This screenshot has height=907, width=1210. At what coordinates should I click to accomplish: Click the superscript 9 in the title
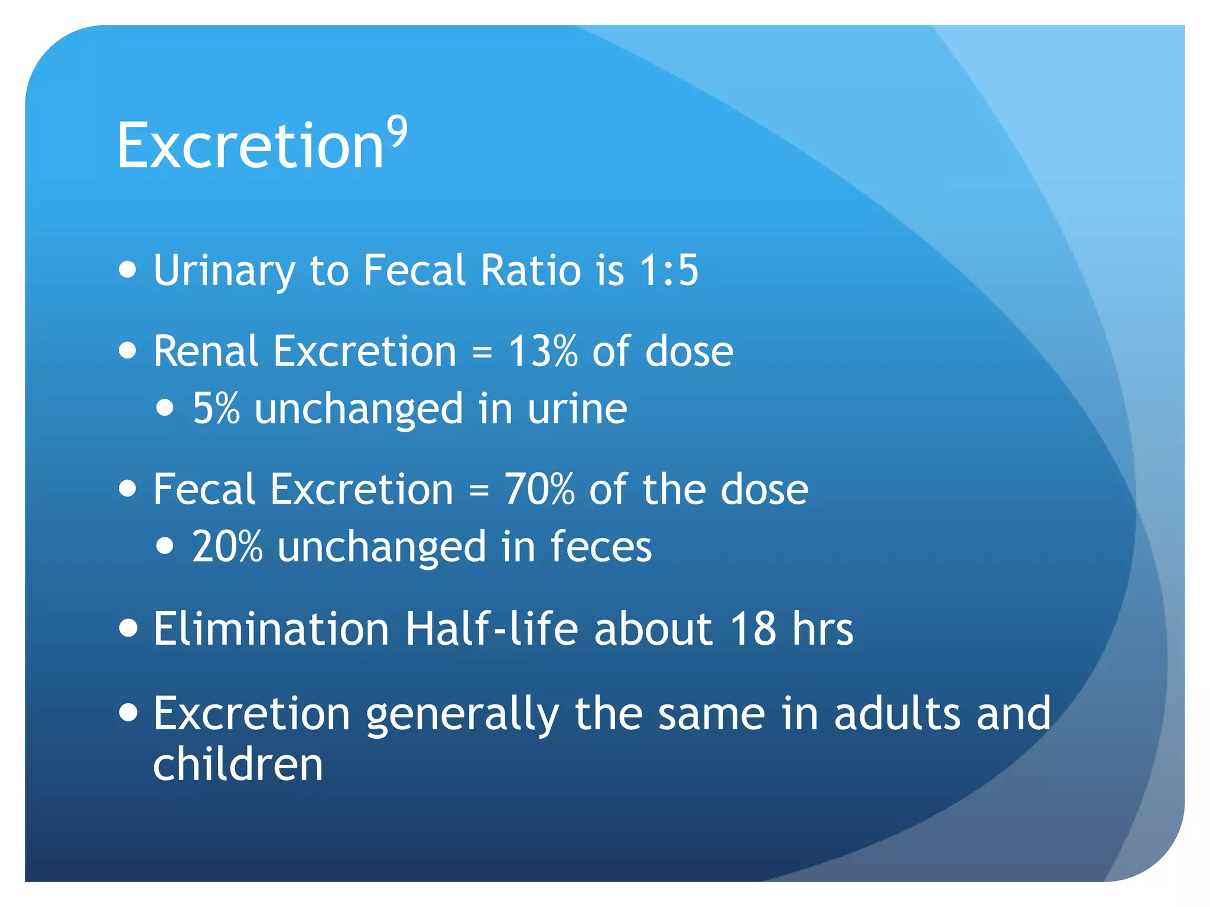398,132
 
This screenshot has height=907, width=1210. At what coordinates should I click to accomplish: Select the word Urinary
224,270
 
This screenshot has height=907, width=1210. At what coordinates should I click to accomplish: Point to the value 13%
542,351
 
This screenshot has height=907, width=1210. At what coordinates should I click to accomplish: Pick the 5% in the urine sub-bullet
216,409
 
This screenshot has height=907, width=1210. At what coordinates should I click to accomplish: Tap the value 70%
539,490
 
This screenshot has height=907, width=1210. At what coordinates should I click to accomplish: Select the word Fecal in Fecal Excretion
204,490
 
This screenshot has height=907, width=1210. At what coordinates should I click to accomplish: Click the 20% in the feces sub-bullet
227,546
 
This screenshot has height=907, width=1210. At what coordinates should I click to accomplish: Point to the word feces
601,546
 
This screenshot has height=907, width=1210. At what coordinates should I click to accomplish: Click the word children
238,764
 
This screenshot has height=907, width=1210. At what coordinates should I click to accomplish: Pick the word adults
897,713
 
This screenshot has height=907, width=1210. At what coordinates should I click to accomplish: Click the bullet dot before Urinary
128,270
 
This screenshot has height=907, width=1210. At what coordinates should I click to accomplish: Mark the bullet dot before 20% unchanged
165,546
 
